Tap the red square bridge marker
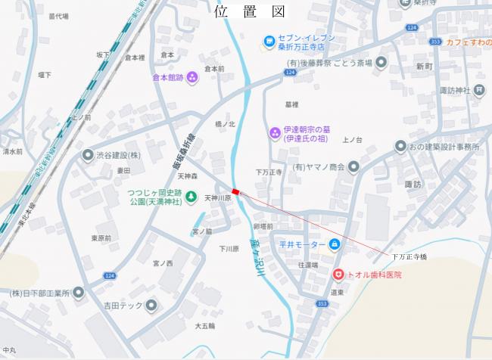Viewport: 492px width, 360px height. (x=235, y=192)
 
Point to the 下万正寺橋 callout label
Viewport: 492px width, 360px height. (x=409, y=258)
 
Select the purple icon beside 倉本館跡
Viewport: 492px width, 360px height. (x=192, y=76)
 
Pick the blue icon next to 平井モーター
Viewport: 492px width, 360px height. (x=335, y=244)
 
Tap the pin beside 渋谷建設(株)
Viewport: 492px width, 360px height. (x=89, y=154)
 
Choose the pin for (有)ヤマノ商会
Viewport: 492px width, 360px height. (x=353, y=166)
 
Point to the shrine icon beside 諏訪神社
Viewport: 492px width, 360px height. (x=479, y=90)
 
